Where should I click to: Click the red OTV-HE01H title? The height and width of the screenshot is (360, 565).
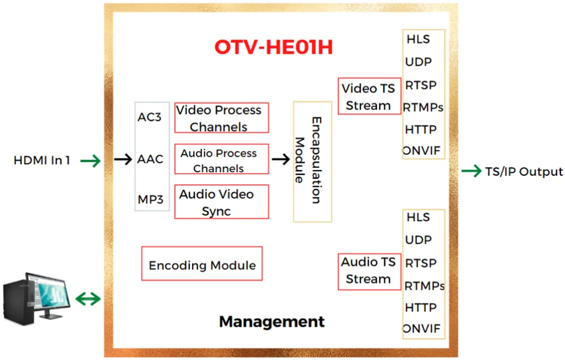pos(273,47)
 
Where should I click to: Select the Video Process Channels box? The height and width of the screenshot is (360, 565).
pos(221,118)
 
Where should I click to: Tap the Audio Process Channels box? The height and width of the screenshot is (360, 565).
pos(221,160)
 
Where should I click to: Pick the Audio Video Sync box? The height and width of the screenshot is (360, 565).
pos(221,202)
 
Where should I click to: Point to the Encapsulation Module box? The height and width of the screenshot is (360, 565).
pos(312,162)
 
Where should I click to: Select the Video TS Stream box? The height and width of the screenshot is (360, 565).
pos(369,97)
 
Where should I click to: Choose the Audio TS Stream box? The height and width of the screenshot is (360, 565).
pos(369,271)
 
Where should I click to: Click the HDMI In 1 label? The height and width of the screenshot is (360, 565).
pos(42,161)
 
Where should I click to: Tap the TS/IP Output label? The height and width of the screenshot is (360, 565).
pos(524,172)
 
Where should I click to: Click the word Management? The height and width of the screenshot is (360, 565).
pos(272,322)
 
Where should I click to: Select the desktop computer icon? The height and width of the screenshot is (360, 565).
pos(37,298)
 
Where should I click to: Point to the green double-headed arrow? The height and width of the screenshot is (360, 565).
pos(88,298)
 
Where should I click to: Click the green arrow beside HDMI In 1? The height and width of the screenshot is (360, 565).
pos(90,162)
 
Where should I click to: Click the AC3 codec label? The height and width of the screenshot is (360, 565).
pos(150,118)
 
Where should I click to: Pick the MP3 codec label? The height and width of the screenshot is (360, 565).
pos(150,199)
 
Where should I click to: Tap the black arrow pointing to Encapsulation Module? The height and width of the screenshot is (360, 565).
pos(281,159)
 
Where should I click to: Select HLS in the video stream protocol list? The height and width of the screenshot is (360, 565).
pos(418,40)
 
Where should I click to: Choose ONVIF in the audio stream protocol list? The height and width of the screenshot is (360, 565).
pos(421,329)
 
